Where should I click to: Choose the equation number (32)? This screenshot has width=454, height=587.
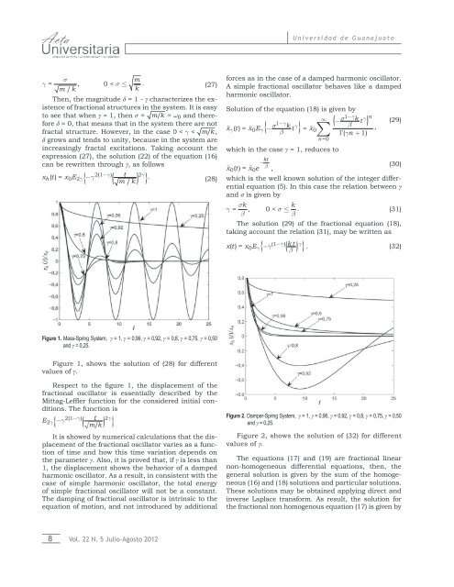(434, 246)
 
